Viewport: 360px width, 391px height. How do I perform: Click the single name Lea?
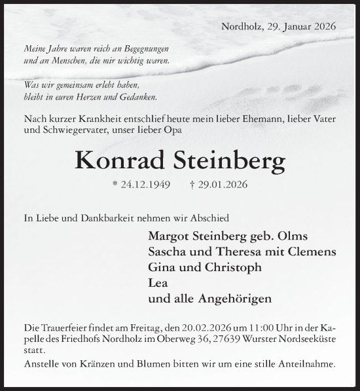point(158,283)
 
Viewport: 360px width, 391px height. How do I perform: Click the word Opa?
point(173,130)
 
